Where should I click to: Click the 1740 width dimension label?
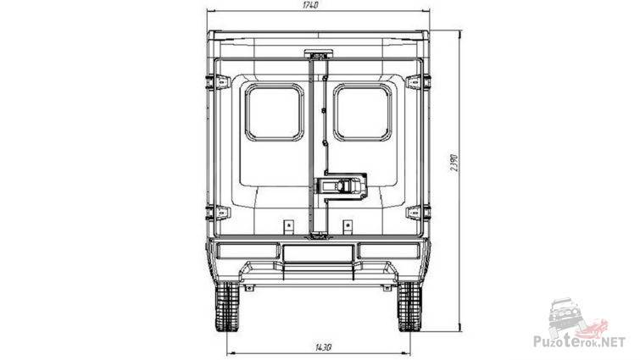click(310, 5)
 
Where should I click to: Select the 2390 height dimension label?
click(454, 163)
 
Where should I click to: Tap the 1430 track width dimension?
click(323, 347)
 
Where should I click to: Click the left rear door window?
click(275, 112)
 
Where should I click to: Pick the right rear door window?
click(363, 112)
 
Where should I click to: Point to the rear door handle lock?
click(340, 186)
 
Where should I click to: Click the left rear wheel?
click(227, 307)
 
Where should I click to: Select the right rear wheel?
click(409, 307)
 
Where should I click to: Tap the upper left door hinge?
click(218, 82)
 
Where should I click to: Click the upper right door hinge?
click(419, 82)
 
